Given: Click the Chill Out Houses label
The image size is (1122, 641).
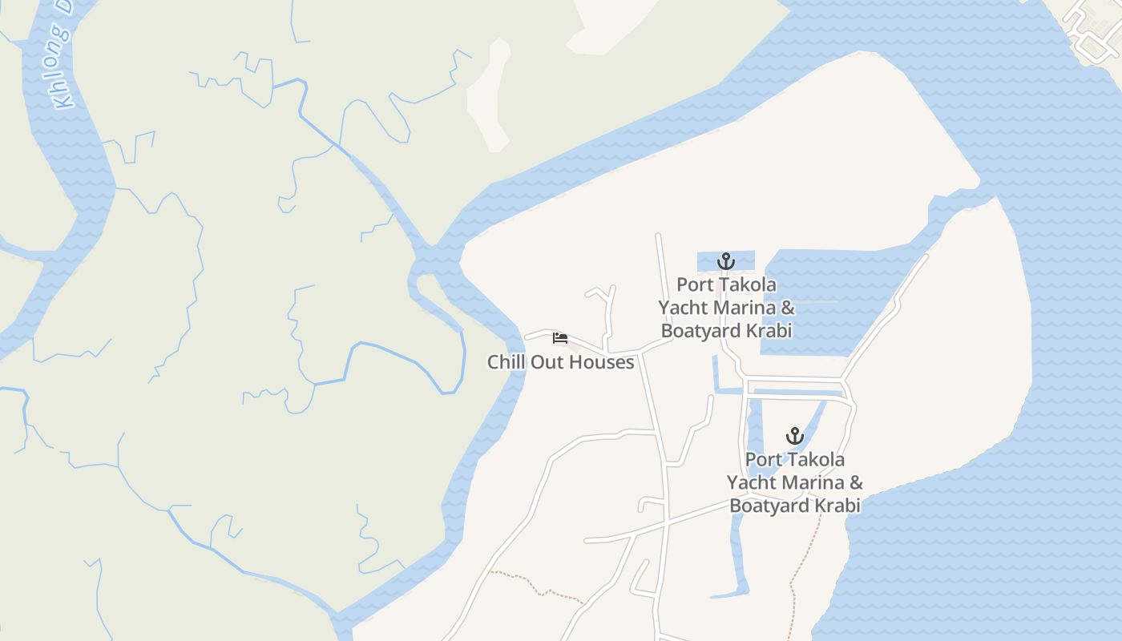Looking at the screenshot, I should click(560, 362).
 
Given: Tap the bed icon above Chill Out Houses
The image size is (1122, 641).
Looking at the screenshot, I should click(560, 337).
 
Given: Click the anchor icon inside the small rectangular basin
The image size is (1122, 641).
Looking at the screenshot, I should click(725, 261).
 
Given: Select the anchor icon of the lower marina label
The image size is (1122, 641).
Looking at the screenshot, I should click(794, 437).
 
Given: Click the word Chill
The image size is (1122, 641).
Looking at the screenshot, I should click(506, 362).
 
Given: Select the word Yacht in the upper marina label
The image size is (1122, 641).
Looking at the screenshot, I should click(683, 308).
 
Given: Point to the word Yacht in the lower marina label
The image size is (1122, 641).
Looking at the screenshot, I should click(751, 482).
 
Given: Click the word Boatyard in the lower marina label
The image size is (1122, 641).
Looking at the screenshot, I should click(768, 506).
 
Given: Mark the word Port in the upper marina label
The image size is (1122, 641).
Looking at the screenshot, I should click(693, 284).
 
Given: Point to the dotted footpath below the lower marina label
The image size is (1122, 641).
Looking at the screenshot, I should click(805, 553).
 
